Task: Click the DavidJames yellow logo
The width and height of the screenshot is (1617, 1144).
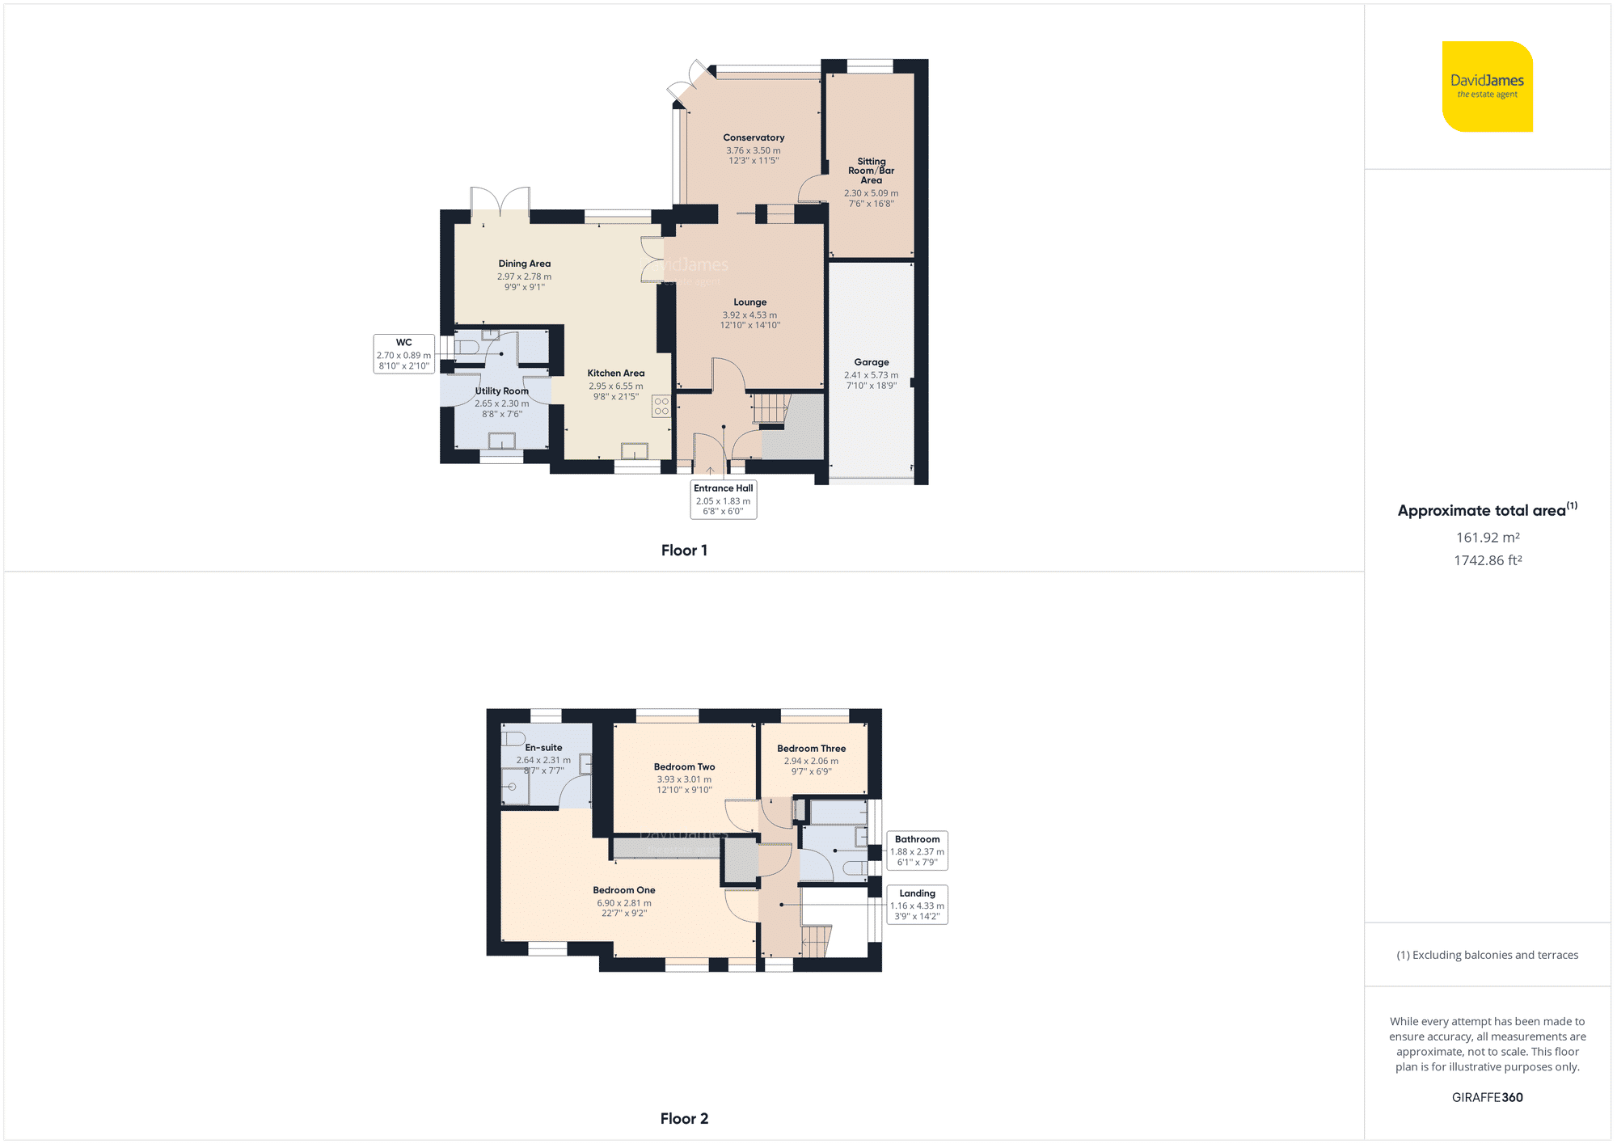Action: click(1487, 87)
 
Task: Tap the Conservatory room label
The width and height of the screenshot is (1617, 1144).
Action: click(754, 137)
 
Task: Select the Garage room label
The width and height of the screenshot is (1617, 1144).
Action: click(871, 362)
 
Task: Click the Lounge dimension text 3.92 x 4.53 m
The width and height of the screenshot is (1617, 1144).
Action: click(749, 315)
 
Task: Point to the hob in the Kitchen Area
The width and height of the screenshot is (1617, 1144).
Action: click(661, 406)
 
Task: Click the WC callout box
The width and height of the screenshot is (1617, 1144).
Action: click(403, 354)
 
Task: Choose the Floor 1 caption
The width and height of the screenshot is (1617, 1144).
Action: click(684, 551)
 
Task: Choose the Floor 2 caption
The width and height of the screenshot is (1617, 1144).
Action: click(684, 1119)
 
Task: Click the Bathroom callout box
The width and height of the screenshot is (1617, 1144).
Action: click(917, 851)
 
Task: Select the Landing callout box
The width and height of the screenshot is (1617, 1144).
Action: click(917, 905)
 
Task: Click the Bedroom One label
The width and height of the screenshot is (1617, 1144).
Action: click(624, 890)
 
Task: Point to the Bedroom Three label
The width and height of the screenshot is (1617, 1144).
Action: click(811, 749)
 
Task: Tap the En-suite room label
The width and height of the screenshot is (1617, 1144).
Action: click(543, 748)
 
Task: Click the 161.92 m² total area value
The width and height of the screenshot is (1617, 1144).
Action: click(1488, 538)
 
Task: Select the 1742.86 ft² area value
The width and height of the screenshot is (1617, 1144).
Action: click(1488, 560)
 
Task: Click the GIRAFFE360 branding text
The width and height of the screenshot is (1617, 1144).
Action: click(1487, 1097)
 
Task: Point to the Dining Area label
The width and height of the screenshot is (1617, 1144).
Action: click(524, 264)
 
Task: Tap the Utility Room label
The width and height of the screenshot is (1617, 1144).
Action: click(501, 391)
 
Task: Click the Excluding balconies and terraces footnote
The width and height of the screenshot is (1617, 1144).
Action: click(1487, 955)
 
